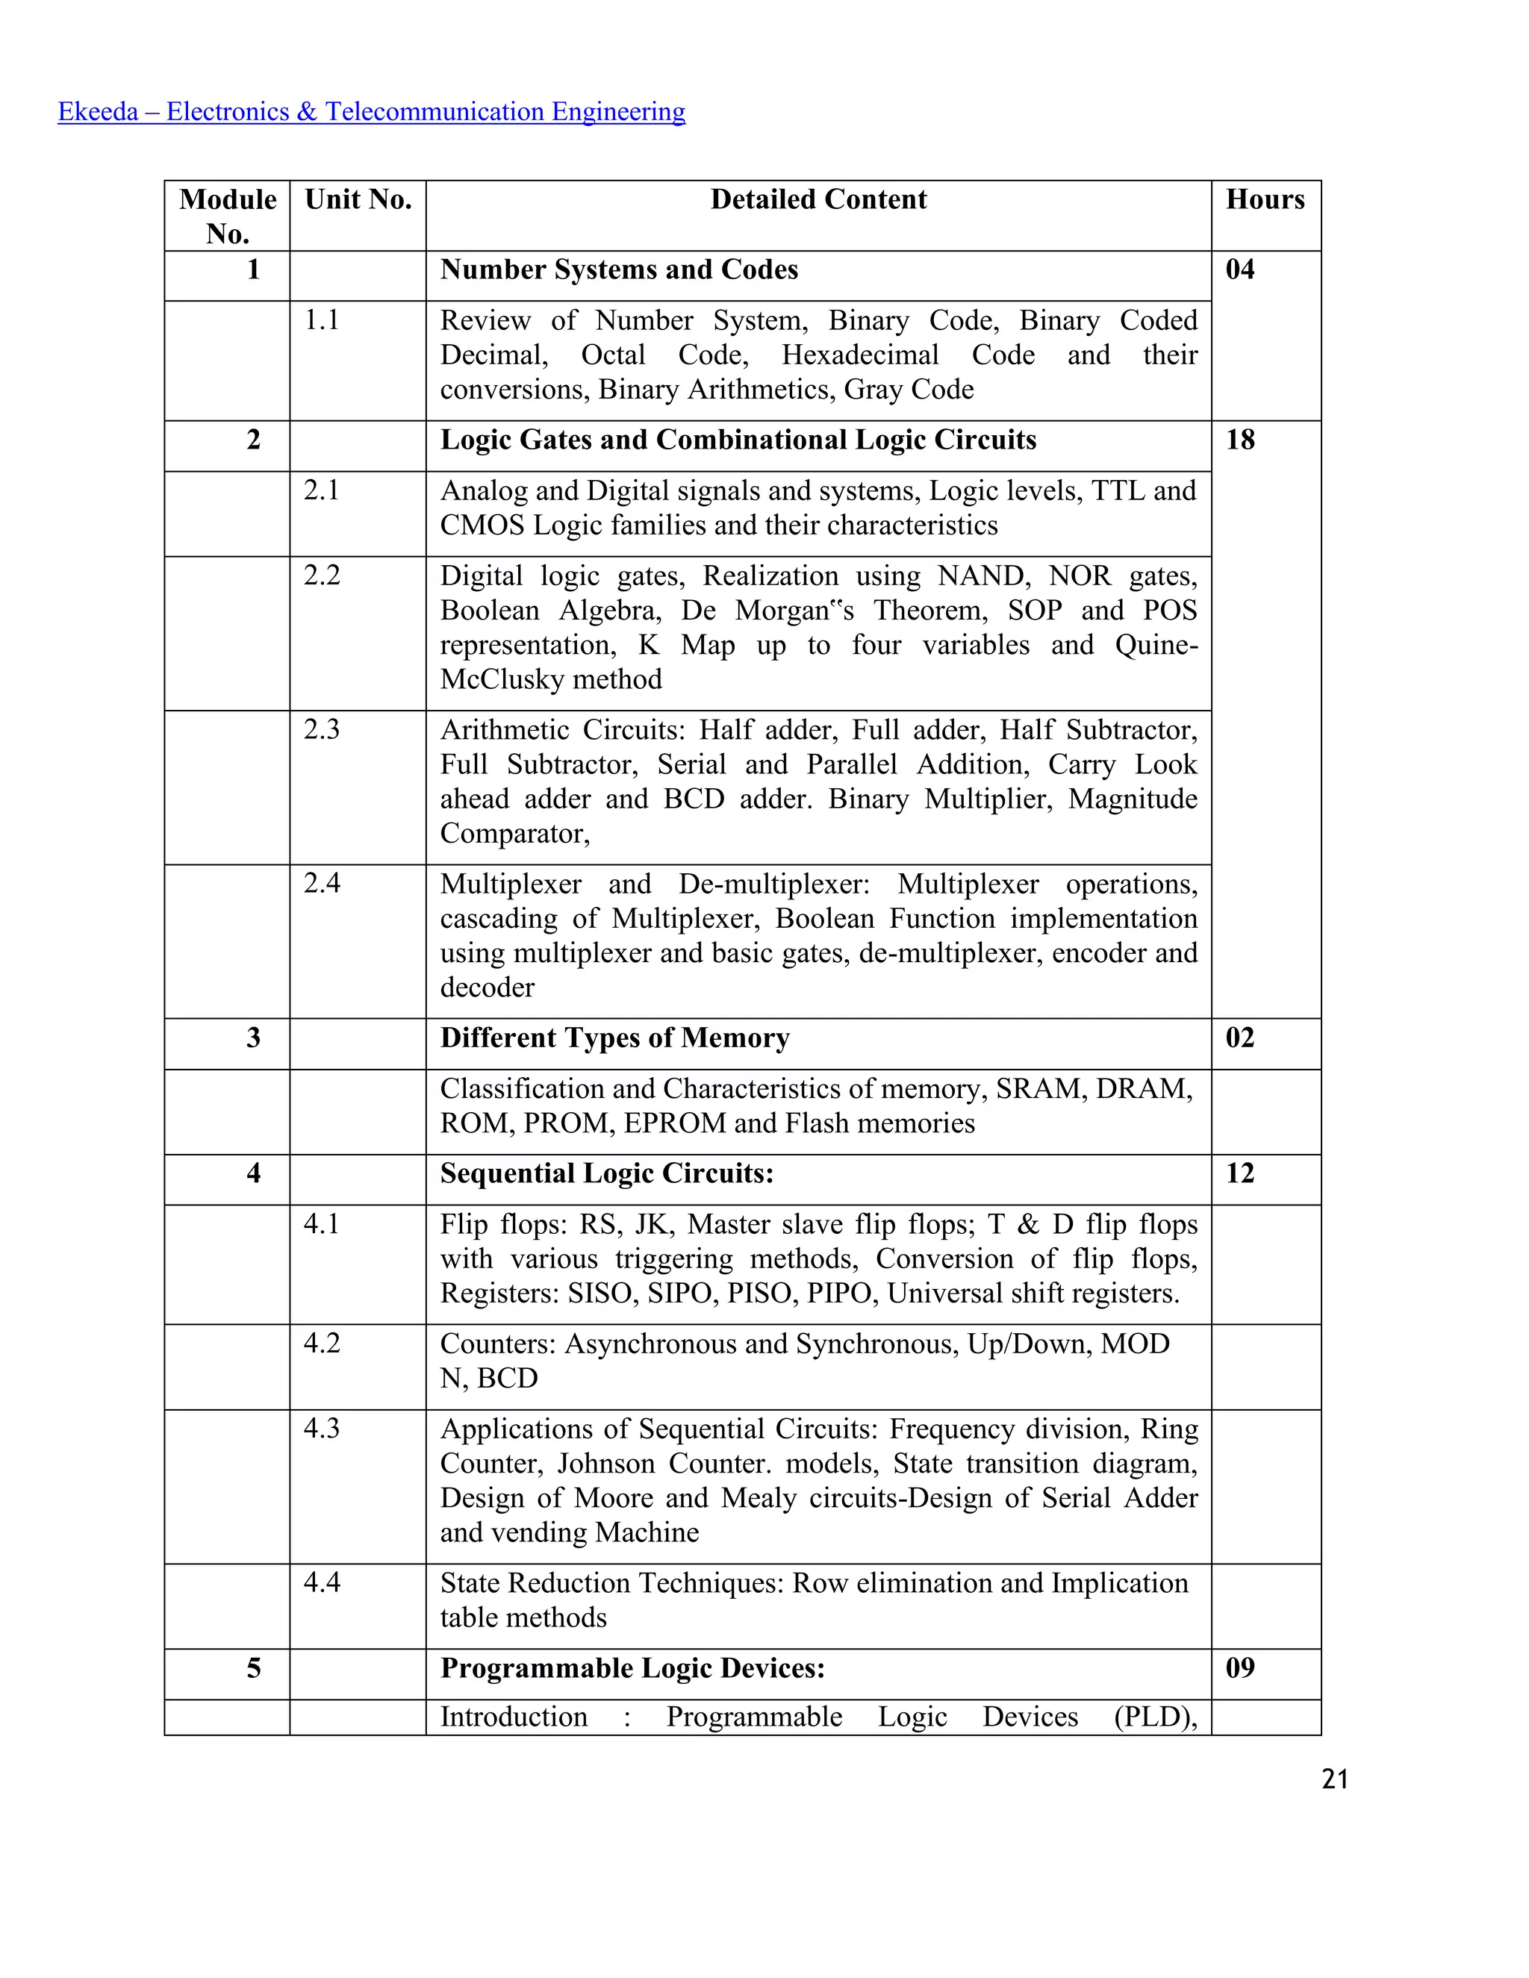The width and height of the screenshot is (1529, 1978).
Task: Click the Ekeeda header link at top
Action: pyautogui.click(x=371, y=111)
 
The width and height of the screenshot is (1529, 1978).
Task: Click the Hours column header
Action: pyautogui.click(x=1265, y=199)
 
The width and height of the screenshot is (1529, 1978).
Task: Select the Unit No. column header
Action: pyautogui.click(x=358, y=199)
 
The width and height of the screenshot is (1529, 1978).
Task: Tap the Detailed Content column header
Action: pyautogui.click(x=818, y=199)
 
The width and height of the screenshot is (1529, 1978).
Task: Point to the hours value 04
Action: pyautogui.click(x=1240, y=269)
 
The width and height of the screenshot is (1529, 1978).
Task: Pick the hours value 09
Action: pyautogui.click(x=1240, y=1667)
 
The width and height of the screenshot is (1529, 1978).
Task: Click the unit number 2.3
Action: pyautogui.click(x=322, y=729)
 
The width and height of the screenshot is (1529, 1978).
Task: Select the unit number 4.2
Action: pyautogui.click(x=322, y=1343)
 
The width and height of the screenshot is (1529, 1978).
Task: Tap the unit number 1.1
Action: pyautogui.click(x=322, y=319)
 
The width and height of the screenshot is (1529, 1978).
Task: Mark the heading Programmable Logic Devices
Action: pyautogui.click(x=632, y=1668)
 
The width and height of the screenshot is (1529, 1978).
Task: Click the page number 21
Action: pyautogui.click(x=1334, y=1779)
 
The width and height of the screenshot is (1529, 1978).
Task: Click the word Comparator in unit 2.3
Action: pyautogui.click(x=514, y=833)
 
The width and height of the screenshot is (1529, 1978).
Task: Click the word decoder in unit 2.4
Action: pyautogui.click(x=487, y=988)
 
